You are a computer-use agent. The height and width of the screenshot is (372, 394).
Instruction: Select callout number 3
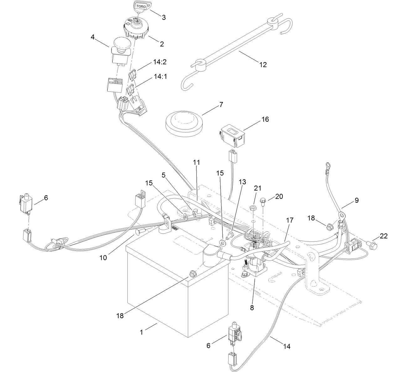click(163, 18)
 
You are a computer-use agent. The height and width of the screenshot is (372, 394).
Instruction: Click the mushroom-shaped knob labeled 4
click(122, 45)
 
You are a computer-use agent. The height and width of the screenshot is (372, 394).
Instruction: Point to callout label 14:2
click(160, 62)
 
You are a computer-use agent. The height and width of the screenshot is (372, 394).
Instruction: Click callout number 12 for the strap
click(263, 65)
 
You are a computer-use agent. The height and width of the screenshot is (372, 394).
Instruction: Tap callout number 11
click(196, 162)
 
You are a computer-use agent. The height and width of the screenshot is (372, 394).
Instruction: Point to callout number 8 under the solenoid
click(252, 308)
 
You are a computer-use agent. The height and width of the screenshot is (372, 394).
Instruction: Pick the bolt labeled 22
click(371, 243)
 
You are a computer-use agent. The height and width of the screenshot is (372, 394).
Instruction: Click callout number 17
click(289, 221)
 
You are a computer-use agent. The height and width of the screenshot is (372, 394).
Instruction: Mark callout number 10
click(103, 257)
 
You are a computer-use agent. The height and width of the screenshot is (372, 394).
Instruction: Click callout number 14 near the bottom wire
click(287, 346)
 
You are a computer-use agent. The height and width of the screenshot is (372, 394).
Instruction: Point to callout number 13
click(242, 182)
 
